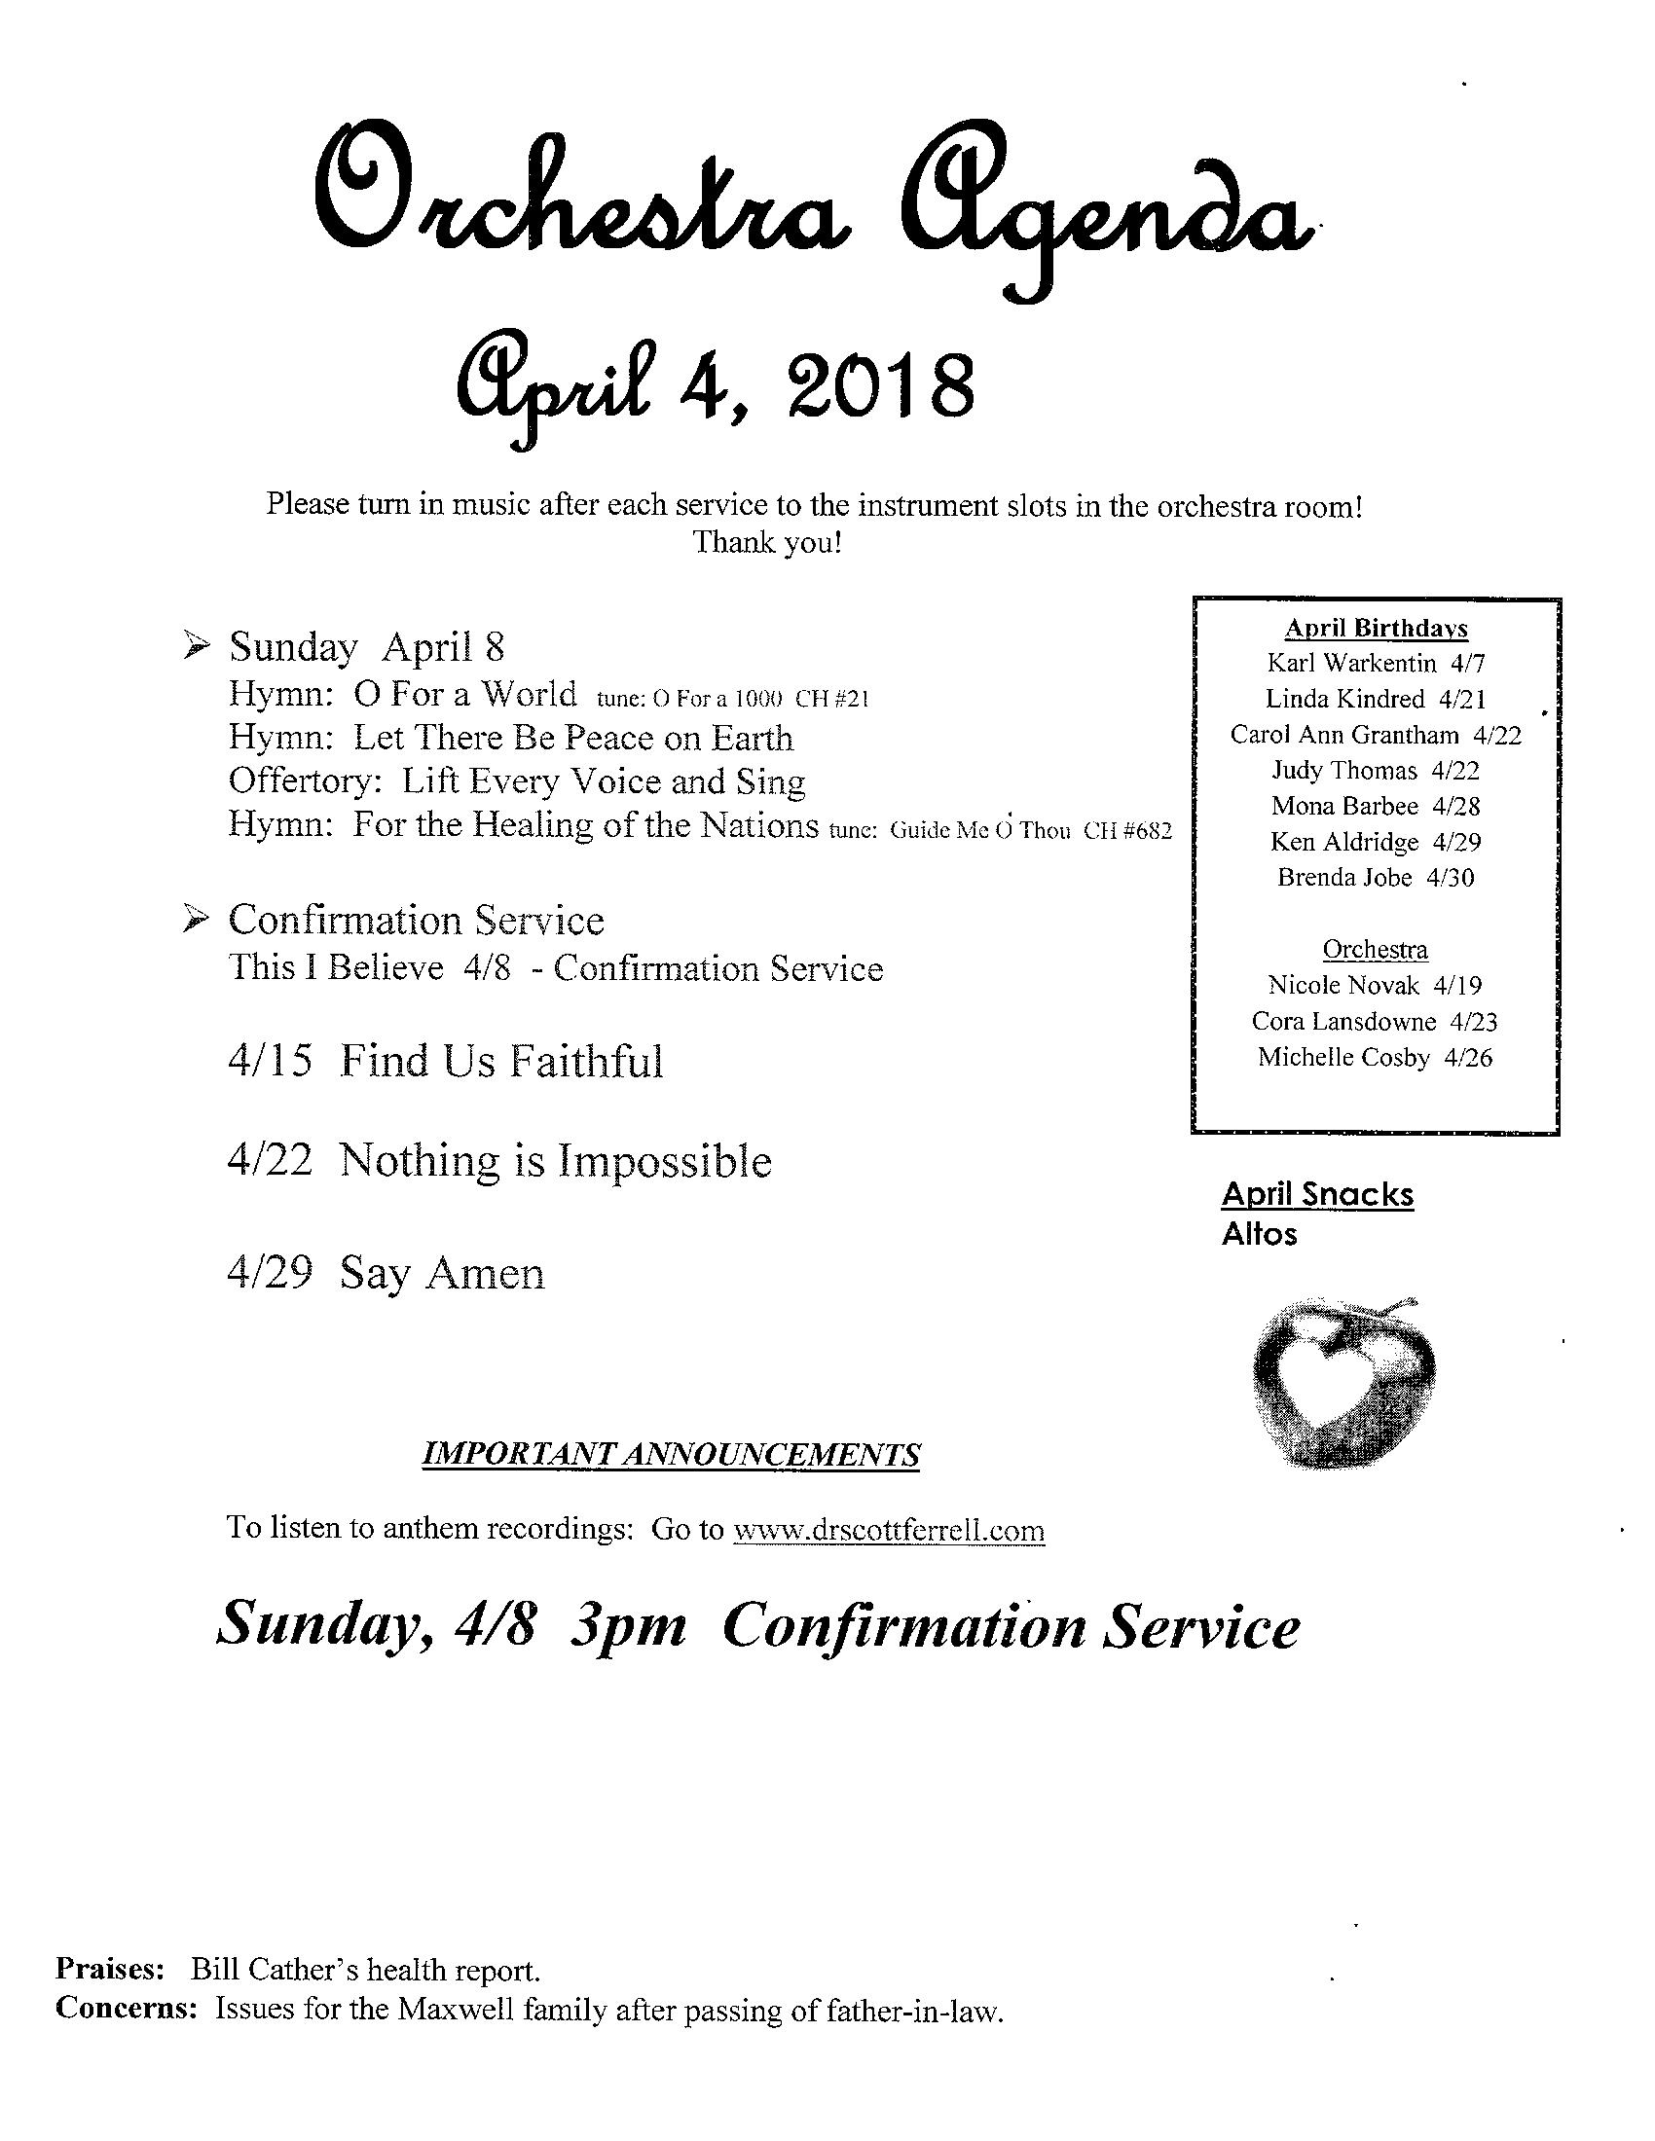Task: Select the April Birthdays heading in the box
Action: coord(1376,629)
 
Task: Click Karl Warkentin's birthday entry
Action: coord(1376,664)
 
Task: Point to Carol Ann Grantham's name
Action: coord(1344,735)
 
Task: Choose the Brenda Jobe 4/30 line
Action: coord(1376,878)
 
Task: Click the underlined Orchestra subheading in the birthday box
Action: coord(1375,949)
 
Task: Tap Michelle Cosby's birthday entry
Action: coord(1375,1058)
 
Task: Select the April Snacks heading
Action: coord(1317,1194)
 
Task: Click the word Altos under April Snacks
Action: coord(1259,1234)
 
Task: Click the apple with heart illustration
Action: coord(1344,1383)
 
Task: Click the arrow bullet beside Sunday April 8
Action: coord(197,645)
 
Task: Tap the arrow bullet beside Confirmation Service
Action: coord(197,919)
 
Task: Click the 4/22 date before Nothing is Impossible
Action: coord(270,1161)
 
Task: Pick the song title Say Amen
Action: coord(441,1274)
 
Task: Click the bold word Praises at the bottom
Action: coord(108,1970)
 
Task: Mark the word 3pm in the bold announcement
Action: coord(629,1626)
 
